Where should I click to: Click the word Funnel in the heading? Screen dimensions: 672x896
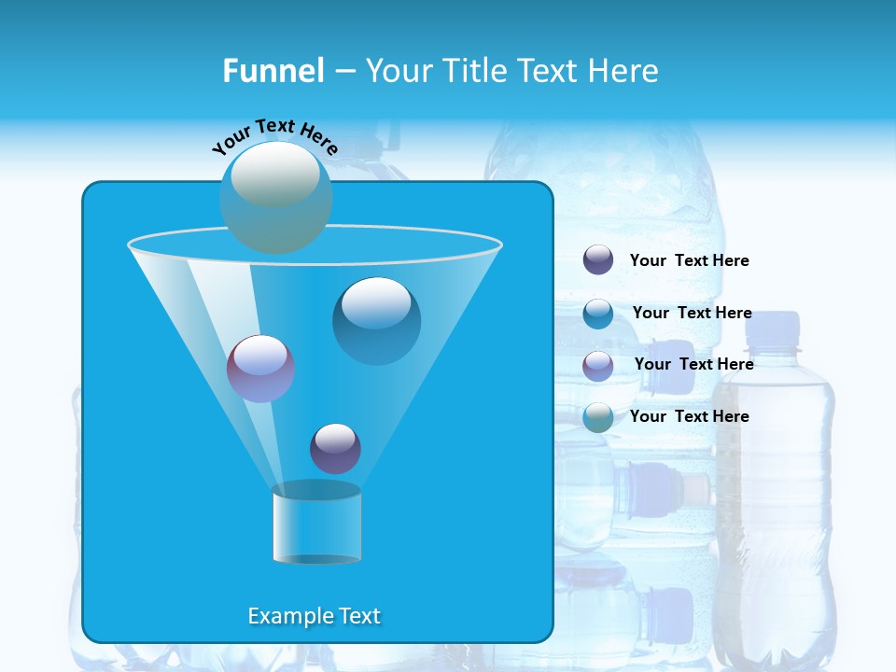(x=273, y=71)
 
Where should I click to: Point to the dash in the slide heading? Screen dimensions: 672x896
(x=343, y=72)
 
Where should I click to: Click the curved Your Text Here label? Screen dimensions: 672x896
(x=274, y=134)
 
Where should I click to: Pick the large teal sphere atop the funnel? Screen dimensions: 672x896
(x=275, y=197)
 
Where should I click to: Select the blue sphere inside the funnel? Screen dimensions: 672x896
(x=376, y=320)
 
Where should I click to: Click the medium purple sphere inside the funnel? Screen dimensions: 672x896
(x=260, y=368)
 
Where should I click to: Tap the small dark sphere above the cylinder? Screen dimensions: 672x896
(x=335, y=448)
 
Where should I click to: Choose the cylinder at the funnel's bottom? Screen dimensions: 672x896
(x=316, y=524)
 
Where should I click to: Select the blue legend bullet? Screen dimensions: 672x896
(x=598, y=314)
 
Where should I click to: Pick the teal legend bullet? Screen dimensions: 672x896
(x=598, y=417)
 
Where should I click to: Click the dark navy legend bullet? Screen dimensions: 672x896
(x=598, y=260)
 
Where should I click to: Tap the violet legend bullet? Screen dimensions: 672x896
(x=598, y=366)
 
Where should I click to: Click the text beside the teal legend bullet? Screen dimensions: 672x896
(x=689, y=416)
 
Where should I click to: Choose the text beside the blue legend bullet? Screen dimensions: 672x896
(x=692, y=313)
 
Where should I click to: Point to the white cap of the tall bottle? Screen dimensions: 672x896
(x=774, y=329)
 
